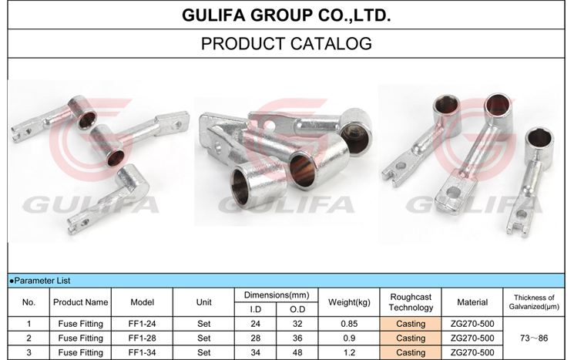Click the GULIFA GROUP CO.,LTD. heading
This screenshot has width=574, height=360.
[287, 15]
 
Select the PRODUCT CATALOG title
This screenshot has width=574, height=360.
[287, 44]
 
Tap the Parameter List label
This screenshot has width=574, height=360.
[40, 281]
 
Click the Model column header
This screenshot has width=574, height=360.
[142, 302]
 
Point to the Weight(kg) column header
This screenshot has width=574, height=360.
[349, 302]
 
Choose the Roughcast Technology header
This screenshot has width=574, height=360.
[411, 302]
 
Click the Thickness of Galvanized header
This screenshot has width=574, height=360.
[534, 302]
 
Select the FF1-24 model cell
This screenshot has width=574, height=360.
[142, 324]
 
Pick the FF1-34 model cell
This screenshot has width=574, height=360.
[142, 352]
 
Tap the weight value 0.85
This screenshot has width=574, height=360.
[349, 324]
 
